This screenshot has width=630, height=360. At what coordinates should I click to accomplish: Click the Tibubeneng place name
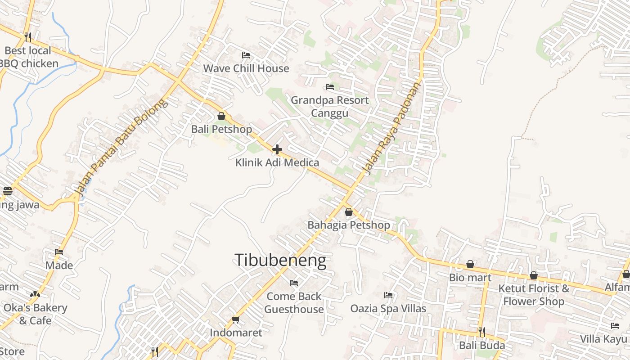(x=280, y=260)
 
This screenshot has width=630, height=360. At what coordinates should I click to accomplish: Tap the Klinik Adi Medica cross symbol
(x=277, y=149)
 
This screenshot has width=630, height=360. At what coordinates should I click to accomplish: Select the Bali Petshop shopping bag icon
(x=221, y=116)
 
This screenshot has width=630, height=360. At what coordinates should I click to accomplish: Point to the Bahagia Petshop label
(x=349, y=225)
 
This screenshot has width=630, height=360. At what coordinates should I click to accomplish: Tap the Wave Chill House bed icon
(x=246, y=55)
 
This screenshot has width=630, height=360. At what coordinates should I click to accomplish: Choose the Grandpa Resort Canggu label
(x=330, y=106)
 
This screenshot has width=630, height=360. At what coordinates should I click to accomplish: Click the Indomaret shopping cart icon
(x=235, y=320)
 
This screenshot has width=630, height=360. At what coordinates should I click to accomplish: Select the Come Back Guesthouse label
(x=294, y=303)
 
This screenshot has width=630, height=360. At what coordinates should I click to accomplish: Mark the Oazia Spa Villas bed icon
(x=388, y=295)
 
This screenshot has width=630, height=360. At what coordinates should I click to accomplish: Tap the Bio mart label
(x=470, y=278)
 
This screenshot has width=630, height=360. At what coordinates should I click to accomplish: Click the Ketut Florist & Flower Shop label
(x=534, y=295)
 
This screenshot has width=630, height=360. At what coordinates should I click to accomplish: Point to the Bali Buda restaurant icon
(x=481, y=332)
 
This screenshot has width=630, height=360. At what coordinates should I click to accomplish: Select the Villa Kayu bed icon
(x=615, y=326)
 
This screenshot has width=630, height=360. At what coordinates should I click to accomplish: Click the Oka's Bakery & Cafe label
(x=35, y=314)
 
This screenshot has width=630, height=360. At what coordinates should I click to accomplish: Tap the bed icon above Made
(x=59, y=252)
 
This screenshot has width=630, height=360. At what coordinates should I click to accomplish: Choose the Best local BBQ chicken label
(x=29, y=57)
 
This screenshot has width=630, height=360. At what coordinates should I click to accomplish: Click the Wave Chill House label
(x=246, y=68)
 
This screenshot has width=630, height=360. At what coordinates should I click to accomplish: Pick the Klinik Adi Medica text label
(x=277, y=163)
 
